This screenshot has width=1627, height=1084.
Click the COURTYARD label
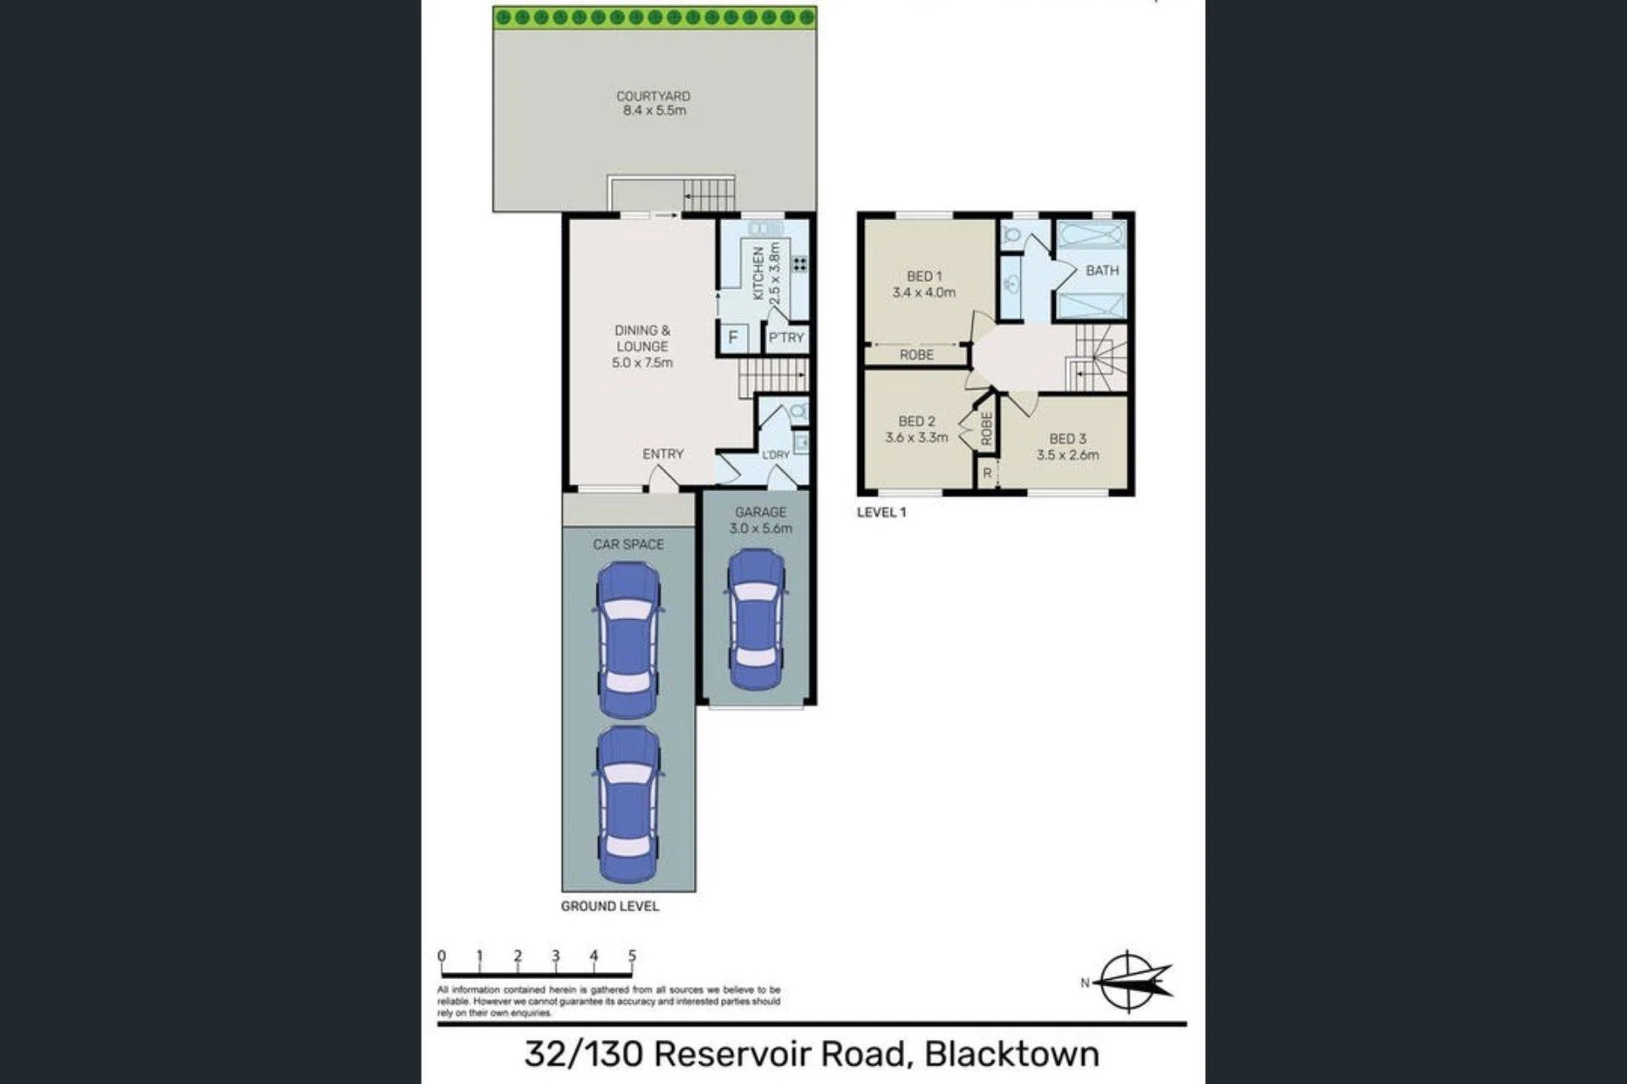click(652, 97)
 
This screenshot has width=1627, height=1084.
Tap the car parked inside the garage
click(756, 619)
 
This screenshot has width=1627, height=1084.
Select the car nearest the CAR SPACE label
click(628, 640)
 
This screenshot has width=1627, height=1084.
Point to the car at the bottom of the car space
click(628, 804)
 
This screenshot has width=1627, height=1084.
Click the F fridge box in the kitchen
click(733, 337)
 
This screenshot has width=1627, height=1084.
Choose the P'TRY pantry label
click(786, 338)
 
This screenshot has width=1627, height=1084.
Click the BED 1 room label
click(924, 276)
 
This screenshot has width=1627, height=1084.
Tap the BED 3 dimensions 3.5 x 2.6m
click(1068, 455)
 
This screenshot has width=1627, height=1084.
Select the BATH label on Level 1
click(1102, 270)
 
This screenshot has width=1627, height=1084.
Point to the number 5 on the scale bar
click(632, 955)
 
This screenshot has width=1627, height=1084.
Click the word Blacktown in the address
click(1012, 1054)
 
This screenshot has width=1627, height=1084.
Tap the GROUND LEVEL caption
click(609, 906)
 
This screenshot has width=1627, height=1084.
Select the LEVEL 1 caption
click(881, 512)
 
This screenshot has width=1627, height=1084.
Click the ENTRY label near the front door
click(663, 454)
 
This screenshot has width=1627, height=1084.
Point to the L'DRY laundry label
click(775, 455)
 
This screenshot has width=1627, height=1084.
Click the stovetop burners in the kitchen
click(799, 264)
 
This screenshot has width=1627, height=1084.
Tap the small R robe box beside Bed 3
click(987, 473)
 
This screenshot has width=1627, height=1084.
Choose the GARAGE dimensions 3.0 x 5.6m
click(761, 528)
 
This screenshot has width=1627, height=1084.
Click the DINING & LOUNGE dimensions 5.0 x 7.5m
click(642, 362)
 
